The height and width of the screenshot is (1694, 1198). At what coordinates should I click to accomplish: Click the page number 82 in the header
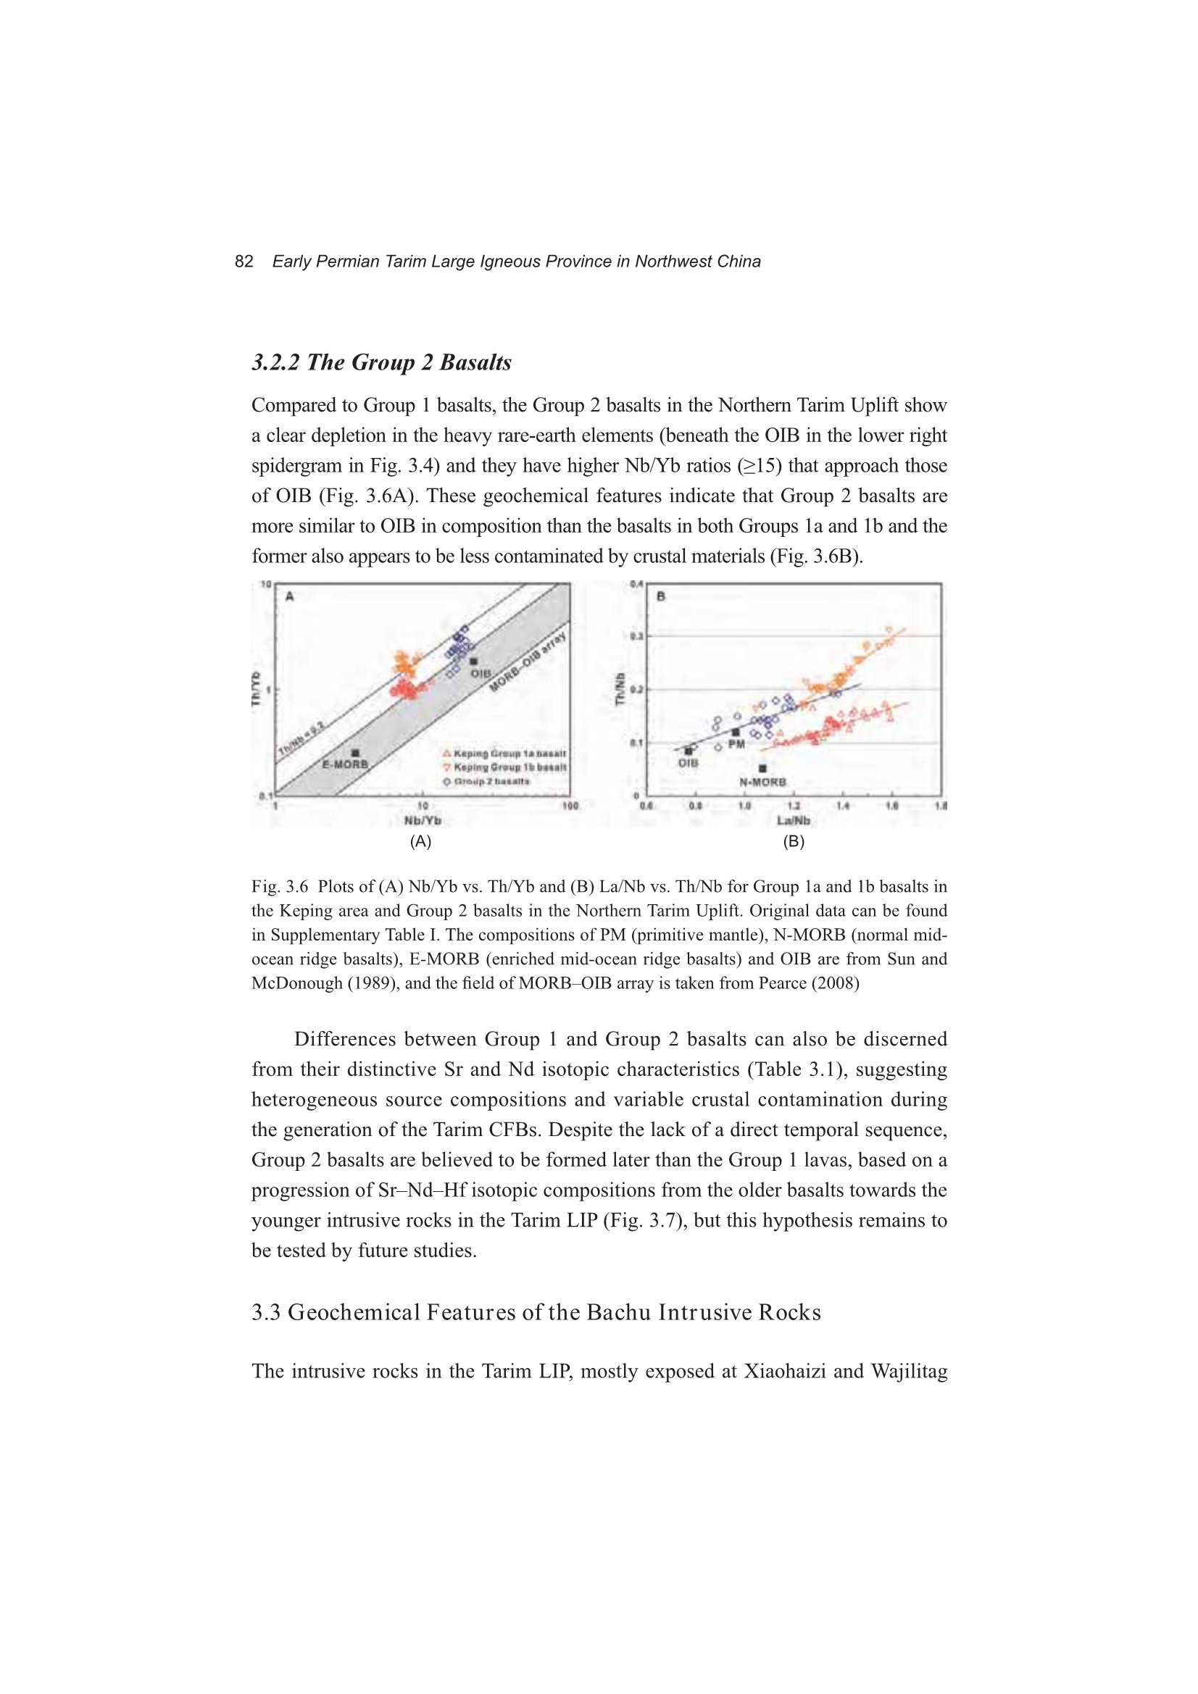[x=244, y=262]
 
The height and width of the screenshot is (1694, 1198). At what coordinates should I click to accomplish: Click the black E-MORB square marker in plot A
[x=355, y=754]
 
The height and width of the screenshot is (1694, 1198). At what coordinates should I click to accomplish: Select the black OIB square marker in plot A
[x=474, y=661]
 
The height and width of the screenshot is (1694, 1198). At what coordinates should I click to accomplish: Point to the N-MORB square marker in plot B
[x=762, y=769]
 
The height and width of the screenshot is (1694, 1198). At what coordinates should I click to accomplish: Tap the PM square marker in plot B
[x=735, y=732]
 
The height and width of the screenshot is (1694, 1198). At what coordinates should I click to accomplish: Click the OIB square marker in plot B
[x=689, y=751]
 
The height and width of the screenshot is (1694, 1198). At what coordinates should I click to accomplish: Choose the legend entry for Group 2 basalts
[x=487, y=781]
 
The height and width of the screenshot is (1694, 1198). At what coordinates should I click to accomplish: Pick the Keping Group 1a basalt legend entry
[x=505, y=754]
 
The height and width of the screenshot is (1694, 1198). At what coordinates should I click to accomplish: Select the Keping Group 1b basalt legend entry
[x=505, y=767]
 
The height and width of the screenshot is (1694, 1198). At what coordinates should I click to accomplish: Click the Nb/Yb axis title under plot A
[x=423, y=820]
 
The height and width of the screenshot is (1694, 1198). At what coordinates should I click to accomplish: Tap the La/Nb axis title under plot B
[x=794, y=820]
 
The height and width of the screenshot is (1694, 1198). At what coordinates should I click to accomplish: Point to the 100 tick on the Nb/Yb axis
[x=570, y=806]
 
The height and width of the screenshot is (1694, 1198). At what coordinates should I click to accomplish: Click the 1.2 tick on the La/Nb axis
[x=794, y=806]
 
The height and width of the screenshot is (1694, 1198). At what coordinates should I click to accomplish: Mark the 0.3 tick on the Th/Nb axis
[x=636, y=636]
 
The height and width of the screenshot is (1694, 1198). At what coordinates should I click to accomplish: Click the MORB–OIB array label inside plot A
[x=528, y=662]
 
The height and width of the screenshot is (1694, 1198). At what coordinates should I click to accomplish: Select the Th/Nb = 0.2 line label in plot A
[x=301, y=740]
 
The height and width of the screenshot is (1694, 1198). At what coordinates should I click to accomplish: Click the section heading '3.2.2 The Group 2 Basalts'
[x=382, y=362]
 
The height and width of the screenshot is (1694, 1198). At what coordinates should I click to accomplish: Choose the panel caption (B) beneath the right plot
[x=794, y=841]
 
